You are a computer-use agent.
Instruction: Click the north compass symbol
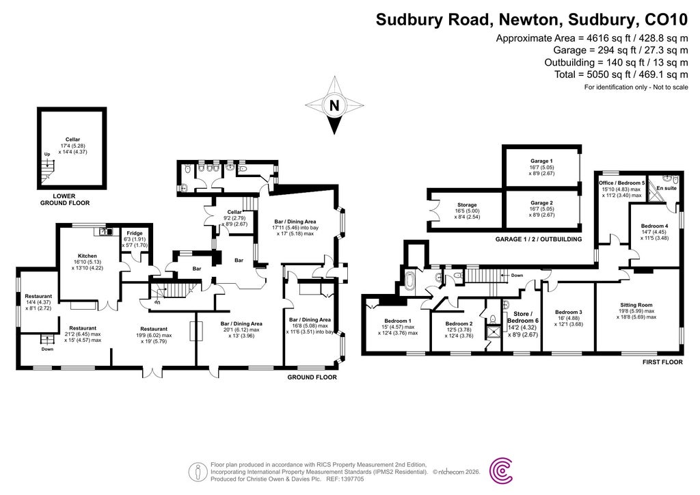334,106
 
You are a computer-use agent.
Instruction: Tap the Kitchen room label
87,254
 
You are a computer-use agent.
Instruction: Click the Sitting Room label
636,305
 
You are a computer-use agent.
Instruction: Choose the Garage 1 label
541,161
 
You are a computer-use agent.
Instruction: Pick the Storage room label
467,205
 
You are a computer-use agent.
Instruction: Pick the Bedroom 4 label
654,226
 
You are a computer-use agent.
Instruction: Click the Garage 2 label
541,203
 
